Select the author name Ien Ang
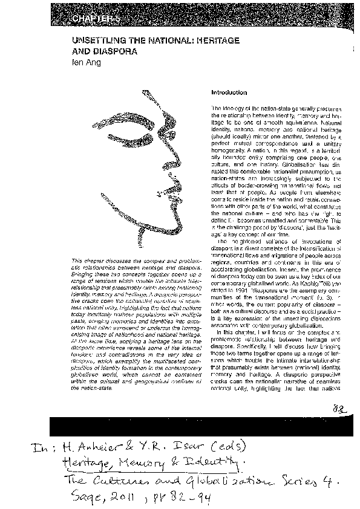[x=85, y=61]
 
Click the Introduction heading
[x=229, y=92]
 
